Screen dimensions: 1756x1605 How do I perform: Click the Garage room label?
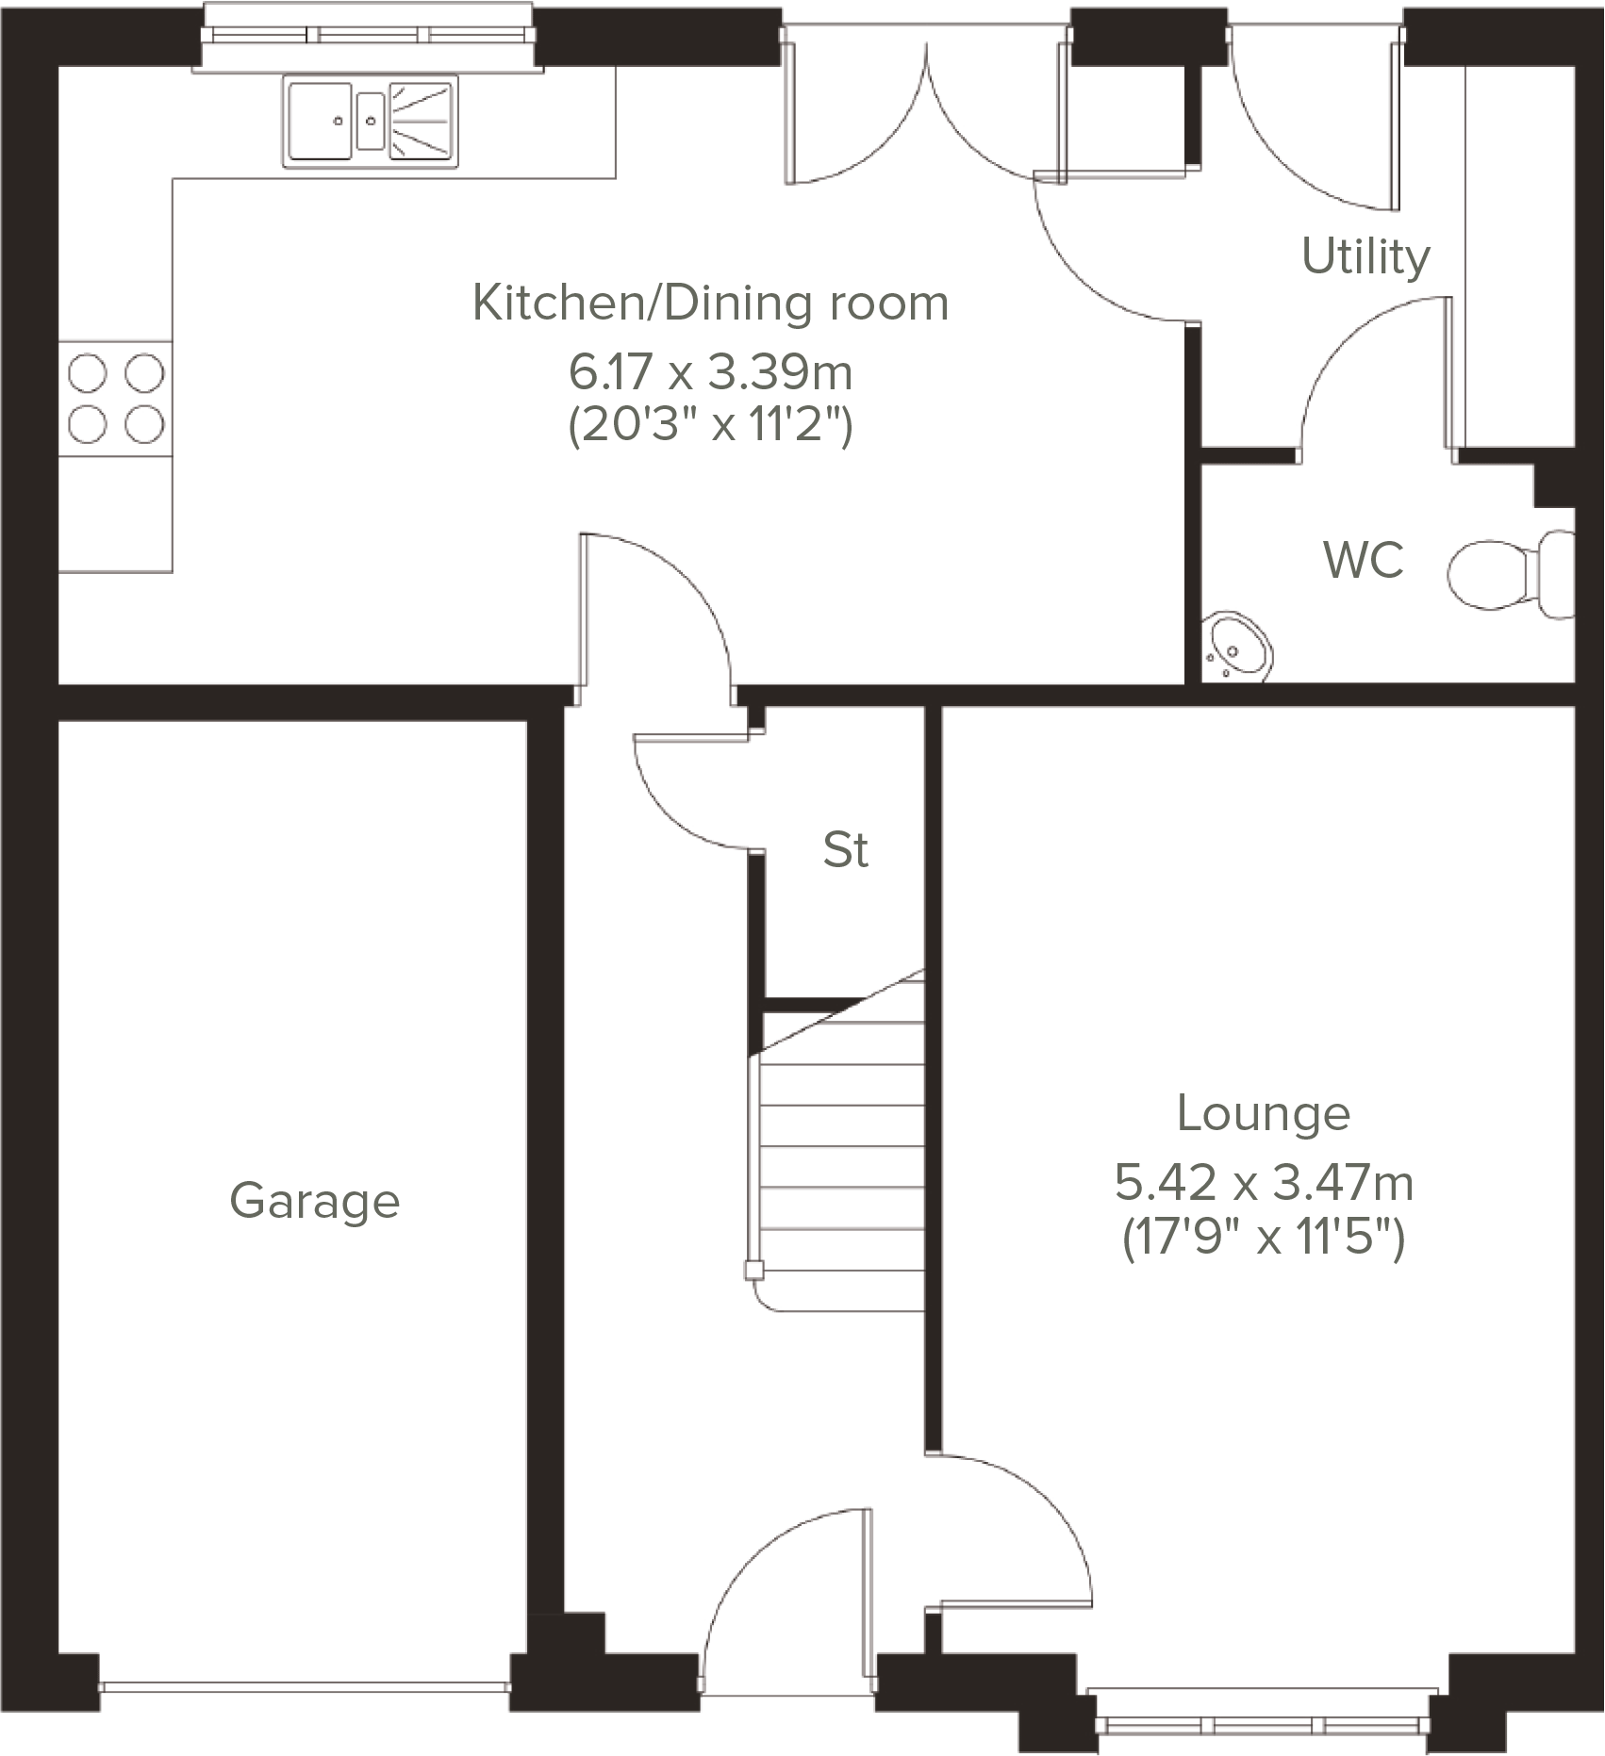click(x=315, y=1202)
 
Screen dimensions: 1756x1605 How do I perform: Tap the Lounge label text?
click(x=1263, y=1114)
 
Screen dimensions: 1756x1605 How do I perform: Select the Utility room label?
click(x=1365, y=256)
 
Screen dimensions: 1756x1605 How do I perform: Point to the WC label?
click(x=1364, y=560)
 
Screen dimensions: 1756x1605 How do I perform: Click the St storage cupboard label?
click(x=845, y=850)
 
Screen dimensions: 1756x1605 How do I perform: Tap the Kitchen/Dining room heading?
click(x=710, y=304)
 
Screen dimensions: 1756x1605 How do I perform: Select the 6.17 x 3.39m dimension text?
click(x=710, y=372)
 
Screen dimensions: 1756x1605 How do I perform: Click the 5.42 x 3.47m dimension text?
click(x=1264, y=1183)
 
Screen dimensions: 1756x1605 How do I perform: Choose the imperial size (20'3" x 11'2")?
click(x=710, y=426)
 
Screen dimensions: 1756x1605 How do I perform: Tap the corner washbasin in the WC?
click(x=1236, y=648)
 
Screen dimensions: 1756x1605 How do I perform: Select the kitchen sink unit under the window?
click(x=371, y=122)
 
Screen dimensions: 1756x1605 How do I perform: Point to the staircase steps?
click(x=839, y=1169)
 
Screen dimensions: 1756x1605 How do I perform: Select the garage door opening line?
click(x=304, y=1684)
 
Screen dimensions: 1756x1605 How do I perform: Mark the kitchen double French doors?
click(x=927, y=113)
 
